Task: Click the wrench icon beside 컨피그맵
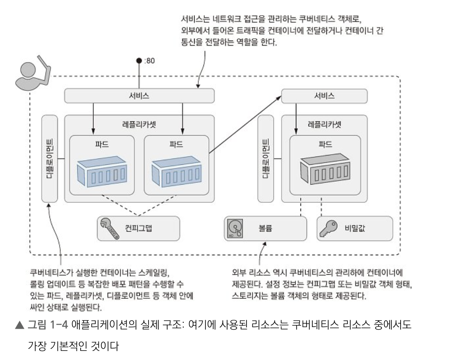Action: pyautogui.click(x=108, y=228)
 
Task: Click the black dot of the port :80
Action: pyautogui.click(x=138, y=60)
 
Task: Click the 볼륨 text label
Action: pyautogui.click(x=265, y=229)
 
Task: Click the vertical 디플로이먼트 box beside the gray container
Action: pyautogui.click(x=265, y=158)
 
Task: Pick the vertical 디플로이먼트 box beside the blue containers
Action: pyautogui.click(x=50, y=158)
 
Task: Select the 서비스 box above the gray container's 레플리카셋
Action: pyautogui.click(x=324, y=96)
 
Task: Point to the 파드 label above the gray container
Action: pyautogui.click(x=325, y=144)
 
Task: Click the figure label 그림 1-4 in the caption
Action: pyautogui.click(x=48, y=325)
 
